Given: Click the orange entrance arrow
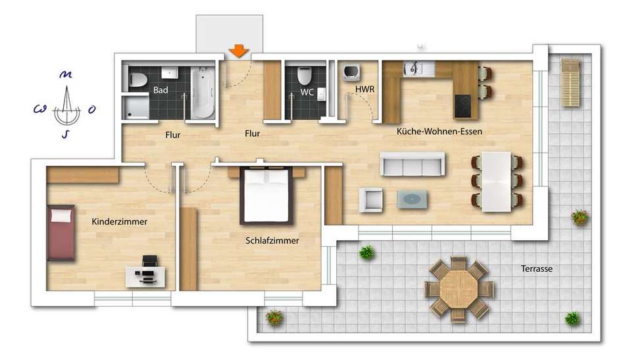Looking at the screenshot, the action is (239, 51).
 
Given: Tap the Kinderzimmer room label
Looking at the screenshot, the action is (119, 222).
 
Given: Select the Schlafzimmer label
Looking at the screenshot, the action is (272, 241).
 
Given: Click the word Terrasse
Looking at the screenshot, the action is (536, 269).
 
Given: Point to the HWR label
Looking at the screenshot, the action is (364, 90).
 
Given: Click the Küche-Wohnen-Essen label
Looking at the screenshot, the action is (439, 131).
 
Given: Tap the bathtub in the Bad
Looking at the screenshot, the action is (203, 93).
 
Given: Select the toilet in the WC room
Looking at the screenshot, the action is (304, 76).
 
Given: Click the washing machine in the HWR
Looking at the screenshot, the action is (351, 72).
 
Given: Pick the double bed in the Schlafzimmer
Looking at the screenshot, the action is (266, 196).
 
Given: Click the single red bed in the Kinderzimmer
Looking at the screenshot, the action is (61, 233).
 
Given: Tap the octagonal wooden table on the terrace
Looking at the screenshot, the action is (459, 289).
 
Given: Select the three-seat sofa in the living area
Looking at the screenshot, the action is (412, 164).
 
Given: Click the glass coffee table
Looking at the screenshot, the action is (412, 199).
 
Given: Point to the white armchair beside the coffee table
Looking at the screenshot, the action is (370, 199).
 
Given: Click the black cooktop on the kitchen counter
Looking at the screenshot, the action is (463, 106).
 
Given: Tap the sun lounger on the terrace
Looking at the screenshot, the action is (571, 82).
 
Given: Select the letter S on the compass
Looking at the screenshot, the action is (65, 134).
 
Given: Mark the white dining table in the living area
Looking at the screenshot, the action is (496, 182).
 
